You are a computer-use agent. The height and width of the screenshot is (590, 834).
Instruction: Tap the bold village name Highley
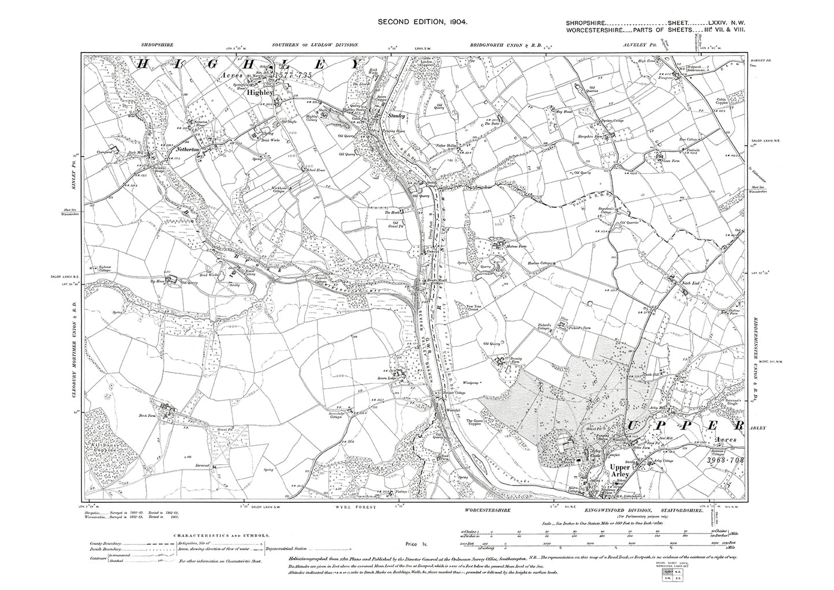point(257,92)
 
